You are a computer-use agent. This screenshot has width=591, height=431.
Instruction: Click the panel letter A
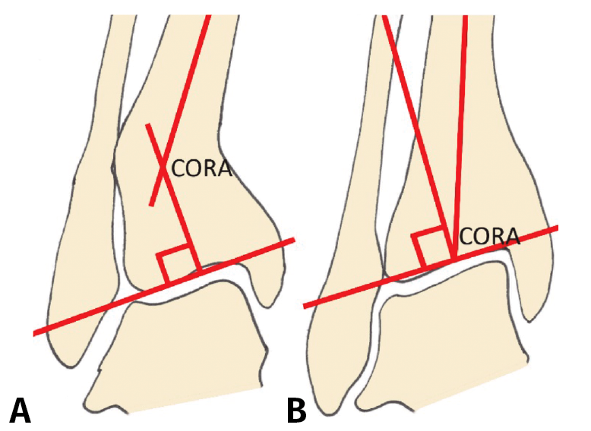[21, 409]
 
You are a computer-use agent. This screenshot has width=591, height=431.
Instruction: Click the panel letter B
[297, 409]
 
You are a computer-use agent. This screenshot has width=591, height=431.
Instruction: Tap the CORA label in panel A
[201, 168]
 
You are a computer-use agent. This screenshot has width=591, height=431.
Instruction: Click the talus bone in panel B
[448, 334]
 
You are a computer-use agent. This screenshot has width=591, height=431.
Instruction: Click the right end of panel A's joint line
[293, 241]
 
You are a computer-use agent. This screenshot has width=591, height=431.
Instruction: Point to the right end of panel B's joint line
[558, 227]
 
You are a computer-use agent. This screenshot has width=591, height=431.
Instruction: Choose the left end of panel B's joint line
[305, 306]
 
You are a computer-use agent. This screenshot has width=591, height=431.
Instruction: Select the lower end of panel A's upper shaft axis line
[152, 204]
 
